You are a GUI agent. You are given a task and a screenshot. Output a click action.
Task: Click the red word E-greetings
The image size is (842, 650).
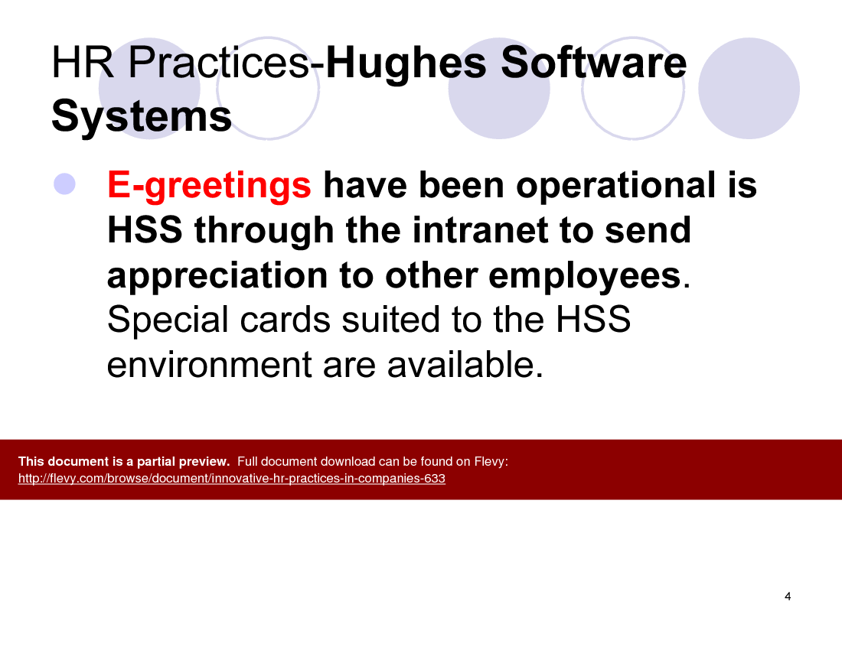(x=209, y=186)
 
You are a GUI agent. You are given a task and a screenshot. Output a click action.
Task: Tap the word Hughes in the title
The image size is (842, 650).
(x=408, y=63)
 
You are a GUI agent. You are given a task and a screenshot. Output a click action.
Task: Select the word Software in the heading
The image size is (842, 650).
(x=593, y=63)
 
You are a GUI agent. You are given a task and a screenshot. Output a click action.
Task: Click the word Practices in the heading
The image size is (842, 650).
(x=218, y=63)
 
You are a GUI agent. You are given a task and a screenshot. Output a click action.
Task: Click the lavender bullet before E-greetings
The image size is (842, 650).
(x=64, y=184)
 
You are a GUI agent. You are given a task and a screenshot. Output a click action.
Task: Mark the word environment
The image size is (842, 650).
(x=209, y=365)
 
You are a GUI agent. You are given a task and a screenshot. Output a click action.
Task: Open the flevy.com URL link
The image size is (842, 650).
(x=231, y=479)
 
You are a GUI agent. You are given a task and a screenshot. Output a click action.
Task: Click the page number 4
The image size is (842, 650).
(x=788, y=596)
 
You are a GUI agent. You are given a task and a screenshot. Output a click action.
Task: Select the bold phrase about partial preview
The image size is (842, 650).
(x=124, y=461)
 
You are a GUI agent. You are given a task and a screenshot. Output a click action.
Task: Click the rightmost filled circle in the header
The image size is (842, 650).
(x=749, y=89)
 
